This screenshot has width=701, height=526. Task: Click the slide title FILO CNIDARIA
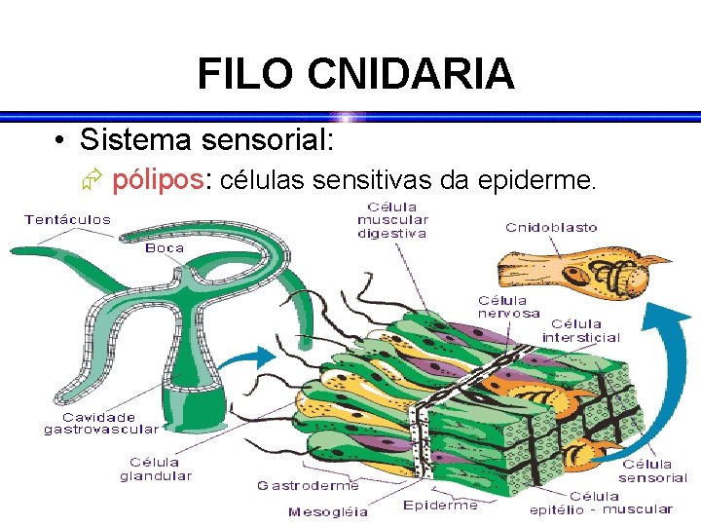click(x=355, y=74)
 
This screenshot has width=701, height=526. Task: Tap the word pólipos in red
click(x=160, y=180)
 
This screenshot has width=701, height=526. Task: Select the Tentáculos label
click(x=68, y=219)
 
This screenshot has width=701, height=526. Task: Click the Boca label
click(x=165, y=247)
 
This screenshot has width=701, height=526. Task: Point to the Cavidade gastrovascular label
click(x=101, y=423)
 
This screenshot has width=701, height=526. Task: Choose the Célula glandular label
click(x=156, y=469)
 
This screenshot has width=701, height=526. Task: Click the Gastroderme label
click(x=308, y=485)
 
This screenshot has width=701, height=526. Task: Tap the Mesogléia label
click(x=329, y=511)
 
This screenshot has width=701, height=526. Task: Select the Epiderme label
click(x=441, y=505)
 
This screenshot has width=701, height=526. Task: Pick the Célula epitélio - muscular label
click(x=601, y=503)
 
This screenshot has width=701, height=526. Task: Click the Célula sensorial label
click(x=652, y=471)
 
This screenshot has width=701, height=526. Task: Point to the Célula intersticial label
click(x=580, y=330)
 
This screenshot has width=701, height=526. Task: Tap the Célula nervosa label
click(x=508, y=307)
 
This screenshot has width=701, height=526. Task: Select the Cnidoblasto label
click(x=551, y=228)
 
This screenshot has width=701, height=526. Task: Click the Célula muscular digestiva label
click(x=392, y=220)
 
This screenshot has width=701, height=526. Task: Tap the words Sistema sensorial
click(x=207, y=140)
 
